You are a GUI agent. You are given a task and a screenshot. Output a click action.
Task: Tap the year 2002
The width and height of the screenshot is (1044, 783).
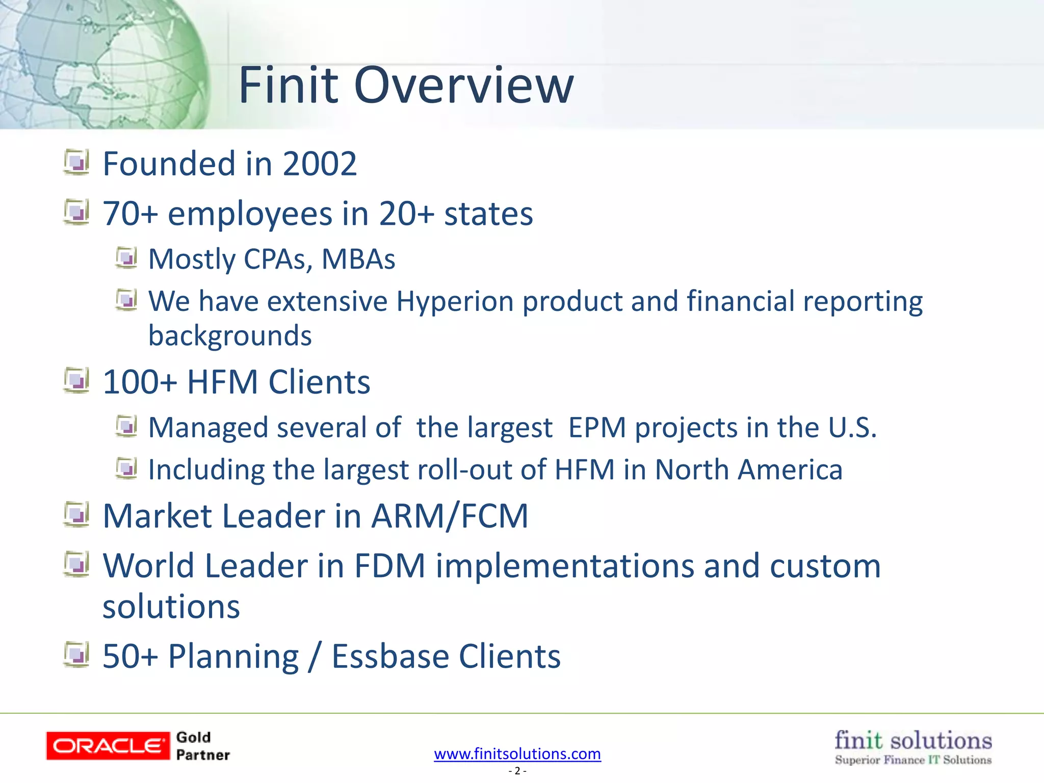[320, 164]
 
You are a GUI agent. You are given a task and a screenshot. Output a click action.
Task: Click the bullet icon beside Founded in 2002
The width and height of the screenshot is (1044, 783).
[77, 162]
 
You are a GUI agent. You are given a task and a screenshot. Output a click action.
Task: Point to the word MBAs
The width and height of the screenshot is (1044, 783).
[358, 259]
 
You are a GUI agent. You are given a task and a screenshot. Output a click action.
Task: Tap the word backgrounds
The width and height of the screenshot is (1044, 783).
[230, 336]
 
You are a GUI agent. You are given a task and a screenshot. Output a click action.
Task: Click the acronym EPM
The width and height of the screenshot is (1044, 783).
[597, 427]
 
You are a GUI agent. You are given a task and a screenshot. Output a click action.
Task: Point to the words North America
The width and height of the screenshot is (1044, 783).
[748, 469]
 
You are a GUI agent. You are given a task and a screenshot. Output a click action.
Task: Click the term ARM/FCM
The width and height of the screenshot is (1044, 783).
[450, 516]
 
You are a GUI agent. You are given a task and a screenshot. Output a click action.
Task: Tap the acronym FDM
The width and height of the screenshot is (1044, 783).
[389, 566]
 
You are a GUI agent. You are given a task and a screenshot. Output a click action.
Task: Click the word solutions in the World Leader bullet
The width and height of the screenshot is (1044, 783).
[171, 607]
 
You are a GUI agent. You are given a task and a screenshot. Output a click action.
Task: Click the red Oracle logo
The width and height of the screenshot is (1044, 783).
[108, 746]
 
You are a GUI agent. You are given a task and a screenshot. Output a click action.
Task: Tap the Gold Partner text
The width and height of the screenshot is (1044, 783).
[202, 746]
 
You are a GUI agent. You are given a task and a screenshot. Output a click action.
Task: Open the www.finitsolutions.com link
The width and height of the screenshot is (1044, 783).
[517, 753]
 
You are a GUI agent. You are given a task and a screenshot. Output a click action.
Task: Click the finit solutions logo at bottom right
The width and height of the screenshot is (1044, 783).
[913, 747]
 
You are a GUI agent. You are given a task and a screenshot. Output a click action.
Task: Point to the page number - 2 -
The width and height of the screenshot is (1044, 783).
[517, 771]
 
